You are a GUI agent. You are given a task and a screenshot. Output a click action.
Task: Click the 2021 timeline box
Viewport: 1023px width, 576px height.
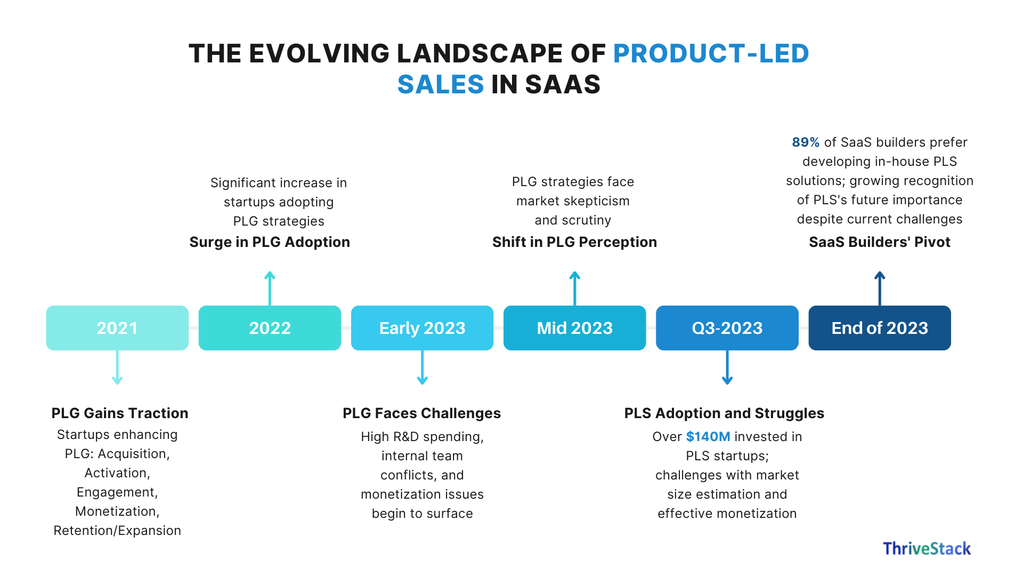(117, 328)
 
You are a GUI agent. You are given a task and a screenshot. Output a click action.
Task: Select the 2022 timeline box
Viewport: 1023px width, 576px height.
(270, 328)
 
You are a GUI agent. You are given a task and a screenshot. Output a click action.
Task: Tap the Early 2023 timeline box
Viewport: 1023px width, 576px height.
(422, 328)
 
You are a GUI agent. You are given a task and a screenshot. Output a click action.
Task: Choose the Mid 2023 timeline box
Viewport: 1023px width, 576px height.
(574, 328)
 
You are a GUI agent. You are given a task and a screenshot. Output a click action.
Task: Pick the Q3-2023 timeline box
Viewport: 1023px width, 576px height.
(727, 328)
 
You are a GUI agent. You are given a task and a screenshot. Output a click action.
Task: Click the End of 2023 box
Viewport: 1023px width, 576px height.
(879, 328)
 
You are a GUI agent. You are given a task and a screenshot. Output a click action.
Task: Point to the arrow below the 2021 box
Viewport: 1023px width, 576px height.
(117, 368)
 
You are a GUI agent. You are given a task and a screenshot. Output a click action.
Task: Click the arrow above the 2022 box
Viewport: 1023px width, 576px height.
(270, 288)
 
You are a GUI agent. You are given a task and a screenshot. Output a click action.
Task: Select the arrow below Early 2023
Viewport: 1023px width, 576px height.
(422, 368)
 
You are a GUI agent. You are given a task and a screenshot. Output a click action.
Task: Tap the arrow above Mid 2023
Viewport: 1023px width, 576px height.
(574, 288)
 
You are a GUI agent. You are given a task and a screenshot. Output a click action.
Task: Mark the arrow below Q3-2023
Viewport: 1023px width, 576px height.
(727, 368)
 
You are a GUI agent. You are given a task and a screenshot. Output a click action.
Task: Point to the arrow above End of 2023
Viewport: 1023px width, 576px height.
(880, 288)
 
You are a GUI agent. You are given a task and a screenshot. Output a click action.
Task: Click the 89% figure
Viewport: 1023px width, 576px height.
(805, 142)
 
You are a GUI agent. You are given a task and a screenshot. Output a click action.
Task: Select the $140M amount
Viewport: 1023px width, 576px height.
(708, 437)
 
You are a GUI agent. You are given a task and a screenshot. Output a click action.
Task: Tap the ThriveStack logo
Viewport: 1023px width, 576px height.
(927, 549)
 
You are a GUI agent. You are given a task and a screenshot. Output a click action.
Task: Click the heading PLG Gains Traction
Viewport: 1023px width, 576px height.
(120, 413)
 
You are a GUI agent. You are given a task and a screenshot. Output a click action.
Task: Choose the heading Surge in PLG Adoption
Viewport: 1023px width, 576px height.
(270, 242)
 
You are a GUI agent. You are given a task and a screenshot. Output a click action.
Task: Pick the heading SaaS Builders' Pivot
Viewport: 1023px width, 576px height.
(879, 242)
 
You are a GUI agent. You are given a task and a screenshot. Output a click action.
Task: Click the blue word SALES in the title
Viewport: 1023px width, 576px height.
(441, 84)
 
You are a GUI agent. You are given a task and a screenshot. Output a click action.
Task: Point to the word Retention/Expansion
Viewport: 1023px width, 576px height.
(117, 531)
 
